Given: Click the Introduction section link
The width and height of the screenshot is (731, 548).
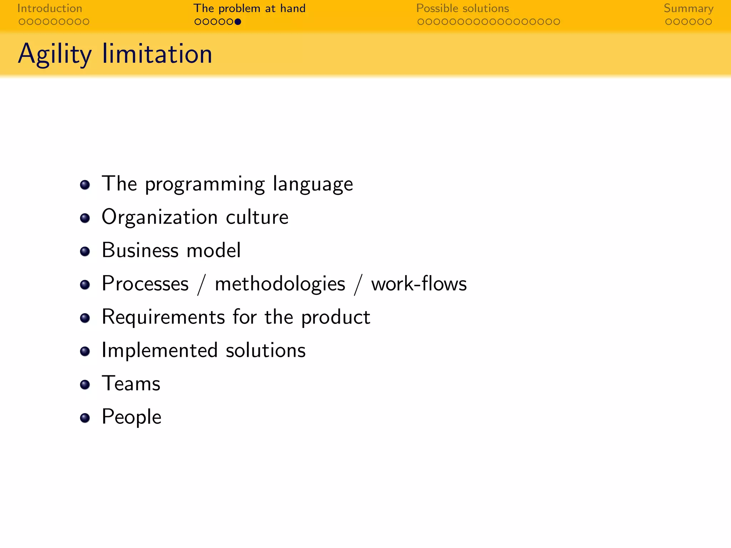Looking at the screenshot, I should click(x=50, y=8).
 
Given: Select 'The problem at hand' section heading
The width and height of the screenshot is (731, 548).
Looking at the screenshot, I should click(x=249, y=8).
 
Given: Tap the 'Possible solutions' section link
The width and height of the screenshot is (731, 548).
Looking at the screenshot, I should click(x=463, y=8).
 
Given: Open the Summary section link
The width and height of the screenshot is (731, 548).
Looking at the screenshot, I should click(x=689, y=8).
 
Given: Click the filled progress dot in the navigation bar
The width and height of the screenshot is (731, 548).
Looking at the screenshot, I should click(x=238, y=22).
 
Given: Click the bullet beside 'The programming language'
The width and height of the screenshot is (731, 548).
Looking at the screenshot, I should click(x=85, y=185).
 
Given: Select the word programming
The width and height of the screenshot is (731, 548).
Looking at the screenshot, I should click(x=205, y=184).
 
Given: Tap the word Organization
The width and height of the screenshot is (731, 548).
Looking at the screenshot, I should click(x=160, y=217).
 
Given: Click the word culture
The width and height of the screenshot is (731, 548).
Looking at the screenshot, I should click(x=257, y=217).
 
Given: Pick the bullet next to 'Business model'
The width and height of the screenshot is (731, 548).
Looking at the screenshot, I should click(x=85, y=251).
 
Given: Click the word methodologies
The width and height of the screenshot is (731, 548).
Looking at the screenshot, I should click(x=280, y=284).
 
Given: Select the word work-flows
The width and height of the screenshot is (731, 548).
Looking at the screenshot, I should click(x=419, y=284).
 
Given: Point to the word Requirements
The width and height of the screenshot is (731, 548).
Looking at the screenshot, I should click(x=163, y=317).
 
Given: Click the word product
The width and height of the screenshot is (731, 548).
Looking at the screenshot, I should click(x=336, y=317).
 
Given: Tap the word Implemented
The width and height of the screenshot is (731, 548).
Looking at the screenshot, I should click(x=160, y=350).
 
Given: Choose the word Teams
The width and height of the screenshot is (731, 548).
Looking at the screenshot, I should click(x=131, y=384).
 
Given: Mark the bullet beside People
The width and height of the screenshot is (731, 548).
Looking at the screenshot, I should click(x=85, y=418).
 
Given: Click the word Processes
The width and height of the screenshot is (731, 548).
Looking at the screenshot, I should click(x=145, y=284).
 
